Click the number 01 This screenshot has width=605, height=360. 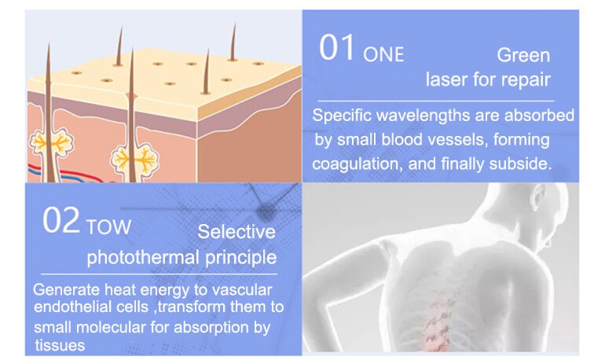336,47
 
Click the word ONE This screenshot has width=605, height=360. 383,54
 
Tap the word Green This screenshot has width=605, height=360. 523,55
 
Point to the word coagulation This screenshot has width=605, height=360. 354,164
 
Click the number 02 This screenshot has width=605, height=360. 61,220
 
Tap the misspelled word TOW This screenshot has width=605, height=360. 108,227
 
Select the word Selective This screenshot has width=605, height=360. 236,232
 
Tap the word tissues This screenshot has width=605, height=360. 60,345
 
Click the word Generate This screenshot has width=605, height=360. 67,290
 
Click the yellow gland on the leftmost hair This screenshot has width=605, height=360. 51,143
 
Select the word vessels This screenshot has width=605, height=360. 454,140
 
